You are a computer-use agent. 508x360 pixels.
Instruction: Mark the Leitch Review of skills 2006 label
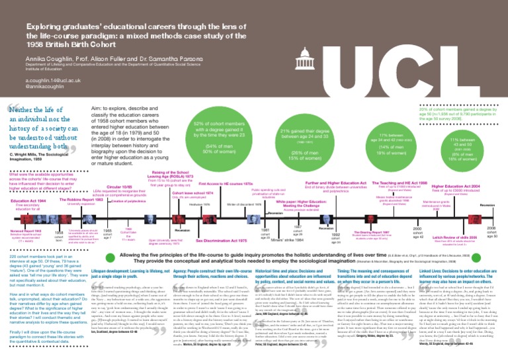tap(450, 236)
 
